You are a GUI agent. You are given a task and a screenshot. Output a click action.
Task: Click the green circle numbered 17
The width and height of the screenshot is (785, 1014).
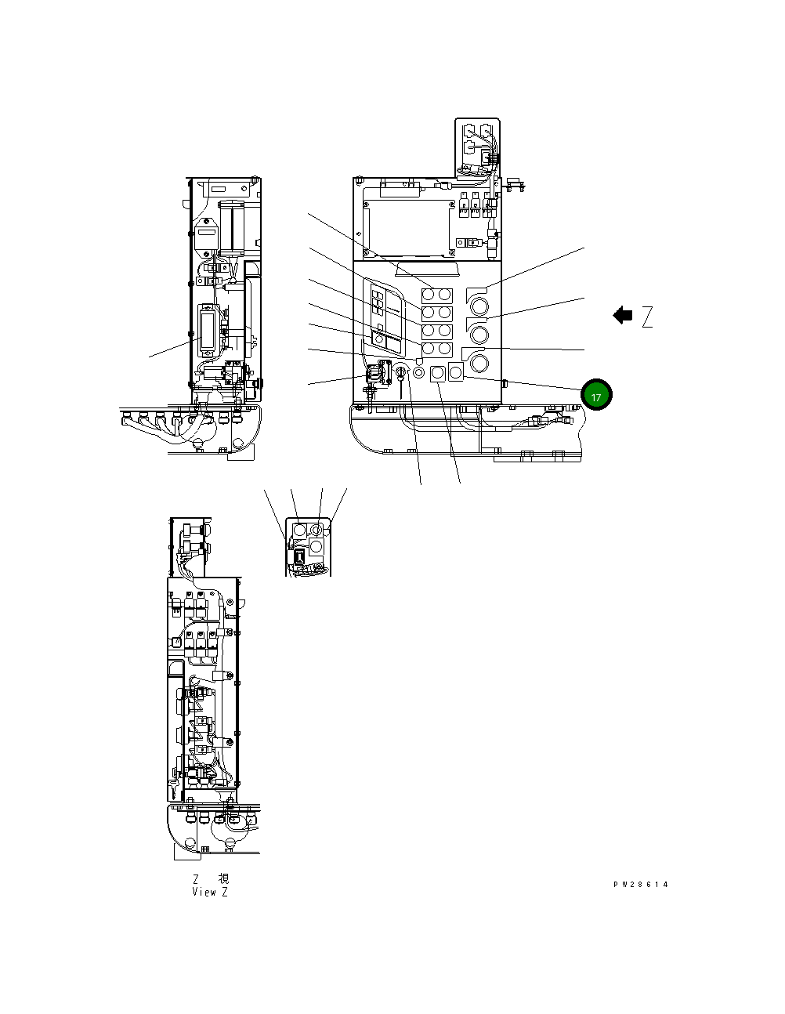596,396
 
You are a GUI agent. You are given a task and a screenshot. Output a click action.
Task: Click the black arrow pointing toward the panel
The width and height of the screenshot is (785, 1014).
623,316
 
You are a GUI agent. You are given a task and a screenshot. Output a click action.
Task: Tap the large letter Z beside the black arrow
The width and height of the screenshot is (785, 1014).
647,317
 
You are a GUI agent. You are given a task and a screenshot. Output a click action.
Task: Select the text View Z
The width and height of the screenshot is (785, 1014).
210,892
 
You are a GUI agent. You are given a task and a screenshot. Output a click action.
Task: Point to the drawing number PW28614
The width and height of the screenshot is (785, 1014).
641,884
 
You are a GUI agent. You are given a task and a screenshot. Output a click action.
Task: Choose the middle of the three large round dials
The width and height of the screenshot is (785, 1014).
479,335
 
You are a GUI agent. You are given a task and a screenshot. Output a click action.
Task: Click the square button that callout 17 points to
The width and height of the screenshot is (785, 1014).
455,373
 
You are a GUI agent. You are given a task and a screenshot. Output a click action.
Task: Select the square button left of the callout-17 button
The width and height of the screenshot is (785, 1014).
438,373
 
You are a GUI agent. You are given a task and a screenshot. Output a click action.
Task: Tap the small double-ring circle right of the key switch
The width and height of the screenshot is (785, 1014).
418,372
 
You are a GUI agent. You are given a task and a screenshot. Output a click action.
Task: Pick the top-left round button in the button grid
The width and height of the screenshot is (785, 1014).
429,295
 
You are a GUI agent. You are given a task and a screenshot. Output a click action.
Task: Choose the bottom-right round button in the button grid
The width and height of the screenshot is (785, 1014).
444,348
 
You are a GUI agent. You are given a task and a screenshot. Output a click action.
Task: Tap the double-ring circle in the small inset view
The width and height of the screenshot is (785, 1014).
317,531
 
